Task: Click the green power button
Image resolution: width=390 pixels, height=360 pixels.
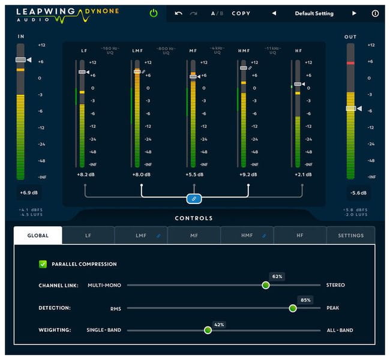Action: tap(154, 13)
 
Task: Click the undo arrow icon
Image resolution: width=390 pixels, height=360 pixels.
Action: tap(178, 13)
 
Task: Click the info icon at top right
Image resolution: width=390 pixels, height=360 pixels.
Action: tap(376, 13)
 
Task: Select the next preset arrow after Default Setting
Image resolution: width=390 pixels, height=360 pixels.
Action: tap(354, 13)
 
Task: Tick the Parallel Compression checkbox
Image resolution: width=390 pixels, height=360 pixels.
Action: tap(43, 264)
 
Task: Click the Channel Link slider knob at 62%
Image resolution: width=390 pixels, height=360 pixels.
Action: tap(266, 285)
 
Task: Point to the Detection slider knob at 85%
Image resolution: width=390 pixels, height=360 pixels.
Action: tap(293, 308)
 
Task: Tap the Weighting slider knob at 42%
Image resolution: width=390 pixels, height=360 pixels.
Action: tap(208, 330)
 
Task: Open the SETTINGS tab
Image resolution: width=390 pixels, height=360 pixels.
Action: tap(350, 236)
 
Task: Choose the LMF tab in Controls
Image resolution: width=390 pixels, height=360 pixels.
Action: tap(141, 236)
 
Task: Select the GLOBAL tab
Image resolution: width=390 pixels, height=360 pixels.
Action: tap(38, 236)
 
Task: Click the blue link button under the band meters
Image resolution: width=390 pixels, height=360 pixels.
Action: tap(194, 198)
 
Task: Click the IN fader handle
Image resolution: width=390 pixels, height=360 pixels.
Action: tap(21, 60)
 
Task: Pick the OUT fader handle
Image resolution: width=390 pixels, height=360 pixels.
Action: tap(352, 109)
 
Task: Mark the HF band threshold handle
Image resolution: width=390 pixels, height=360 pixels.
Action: tap(298, 84)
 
